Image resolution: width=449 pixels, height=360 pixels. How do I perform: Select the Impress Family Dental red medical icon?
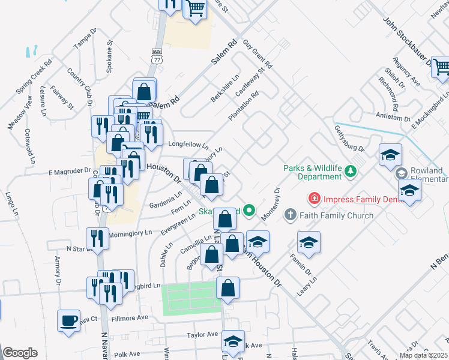[x=313, y=198]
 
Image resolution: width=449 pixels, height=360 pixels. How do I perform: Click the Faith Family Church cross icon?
[x=290, y=214]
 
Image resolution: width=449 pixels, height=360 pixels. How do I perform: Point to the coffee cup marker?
[x=68, y=319]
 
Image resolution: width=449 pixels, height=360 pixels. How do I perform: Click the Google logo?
[x=20, y=352]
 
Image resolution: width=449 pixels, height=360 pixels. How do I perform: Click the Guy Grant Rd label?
[x=258, y=54]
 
